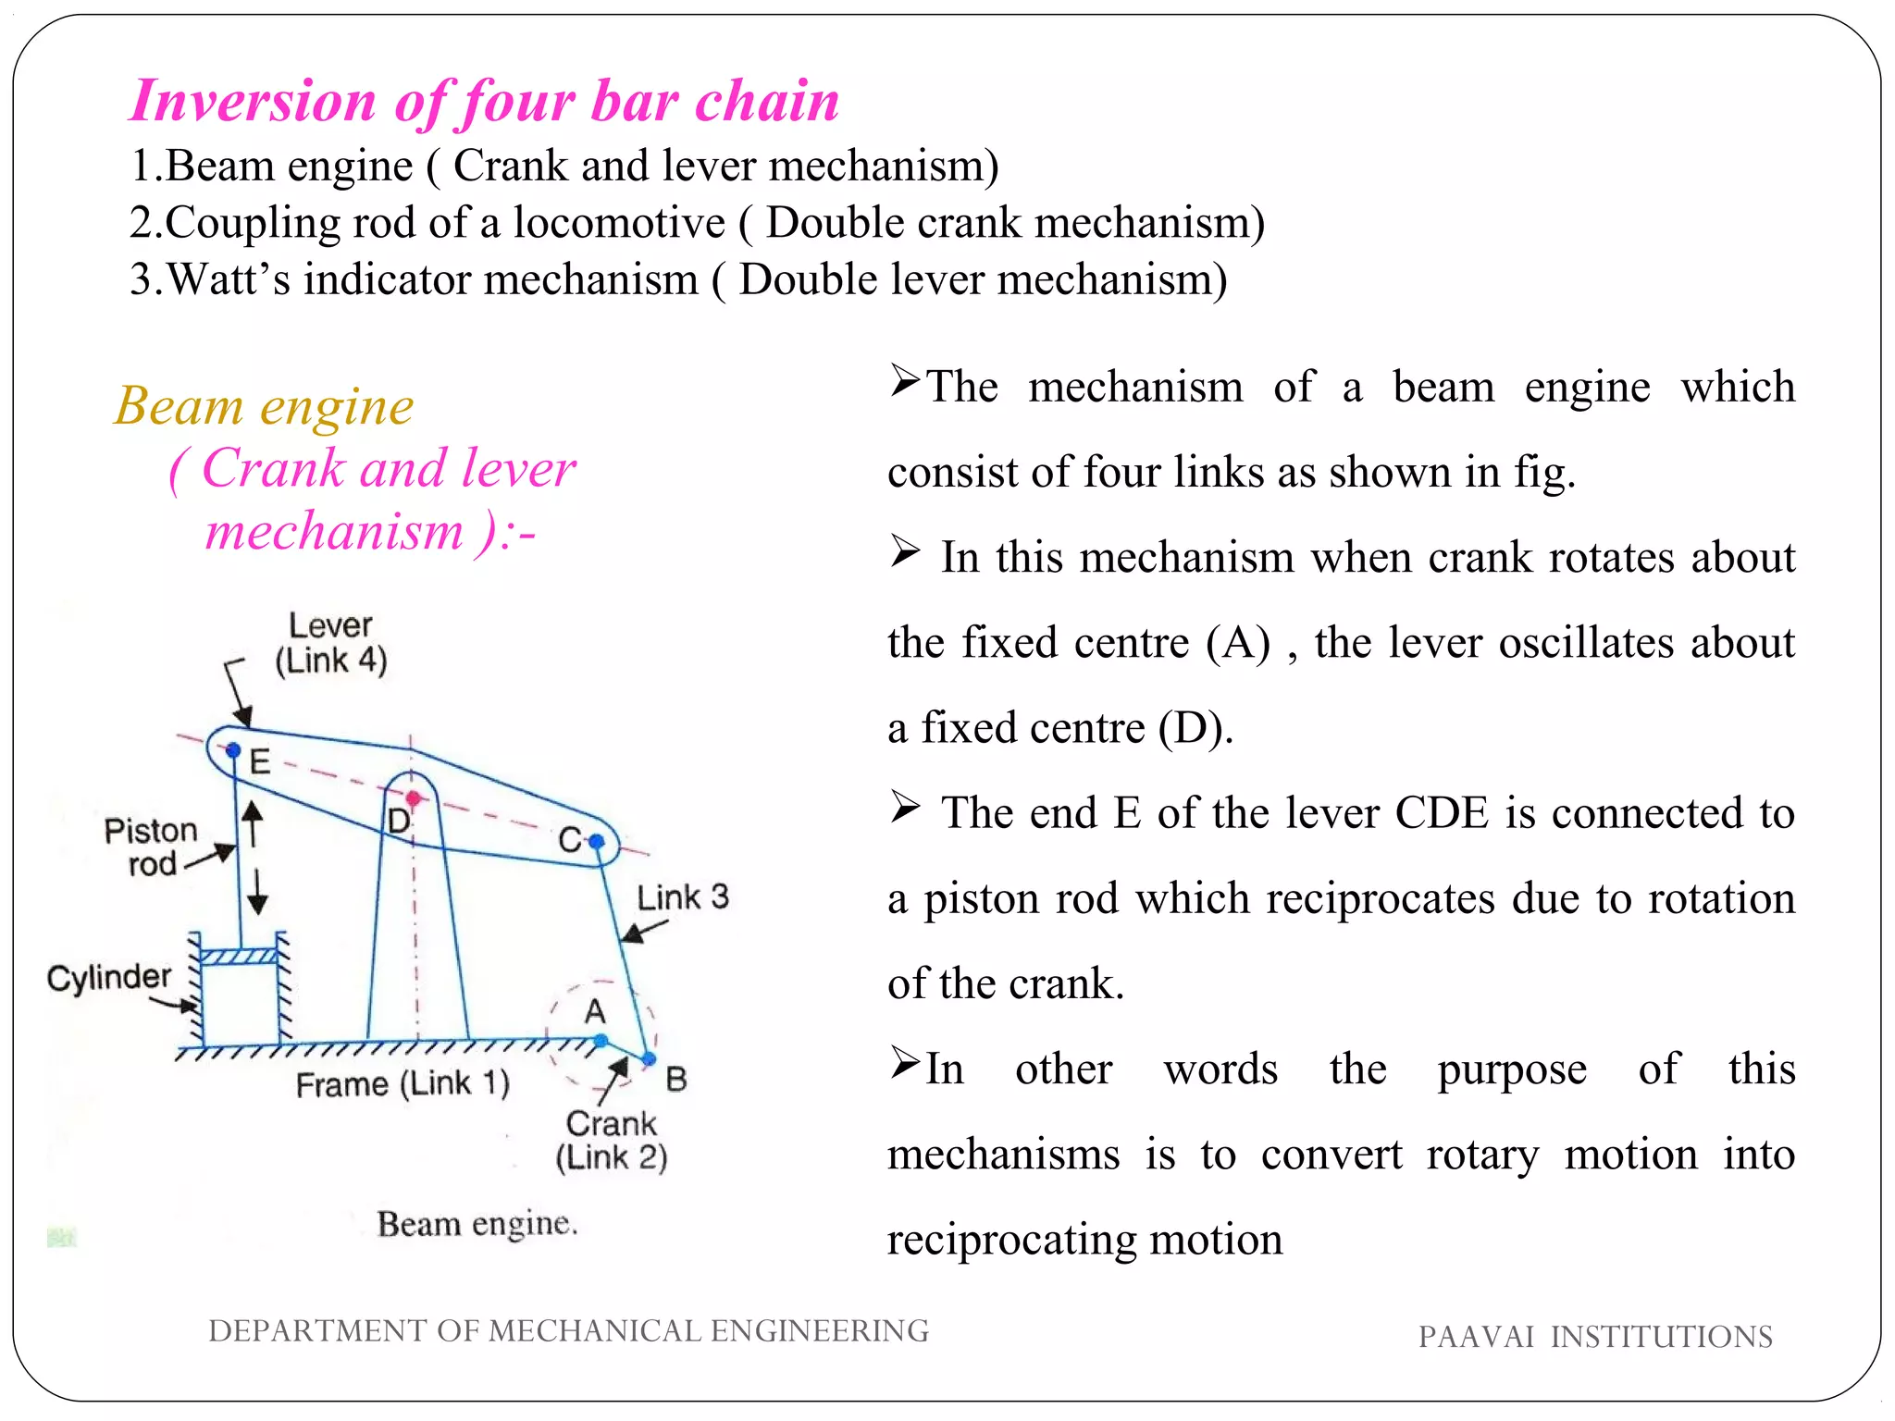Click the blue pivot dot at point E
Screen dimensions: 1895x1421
click(x=233, y=750)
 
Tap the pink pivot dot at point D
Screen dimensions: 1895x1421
click(x=414, y=797)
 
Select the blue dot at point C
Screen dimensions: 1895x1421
click(x=597, y=841)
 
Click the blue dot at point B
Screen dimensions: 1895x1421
click(x=649, y=1058)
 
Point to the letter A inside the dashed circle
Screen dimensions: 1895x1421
click(x=595, y=1011)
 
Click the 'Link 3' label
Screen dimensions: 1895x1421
click(x=682, y=896)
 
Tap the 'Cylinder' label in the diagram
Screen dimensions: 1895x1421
click(x=109, y=977)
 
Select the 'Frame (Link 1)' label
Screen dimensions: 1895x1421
click(x=403, y=1083)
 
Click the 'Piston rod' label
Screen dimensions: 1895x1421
click(x=151, y=846)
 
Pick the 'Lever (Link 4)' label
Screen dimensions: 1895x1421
click(x=330, y=643)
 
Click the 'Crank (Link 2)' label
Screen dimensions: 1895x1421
click(x=611, y=1140)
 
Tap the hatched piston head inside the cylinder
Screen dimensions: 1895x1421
click(x=239, y=957)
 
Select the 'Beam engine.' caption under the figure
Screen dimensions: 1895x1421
click(x=477, y=1224)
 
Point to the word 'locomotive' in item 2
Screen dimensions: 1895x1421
click(x=619, y=223)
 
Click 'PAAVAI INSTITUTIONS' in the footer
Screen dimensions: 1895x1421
click(x=1595, y=1337)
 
